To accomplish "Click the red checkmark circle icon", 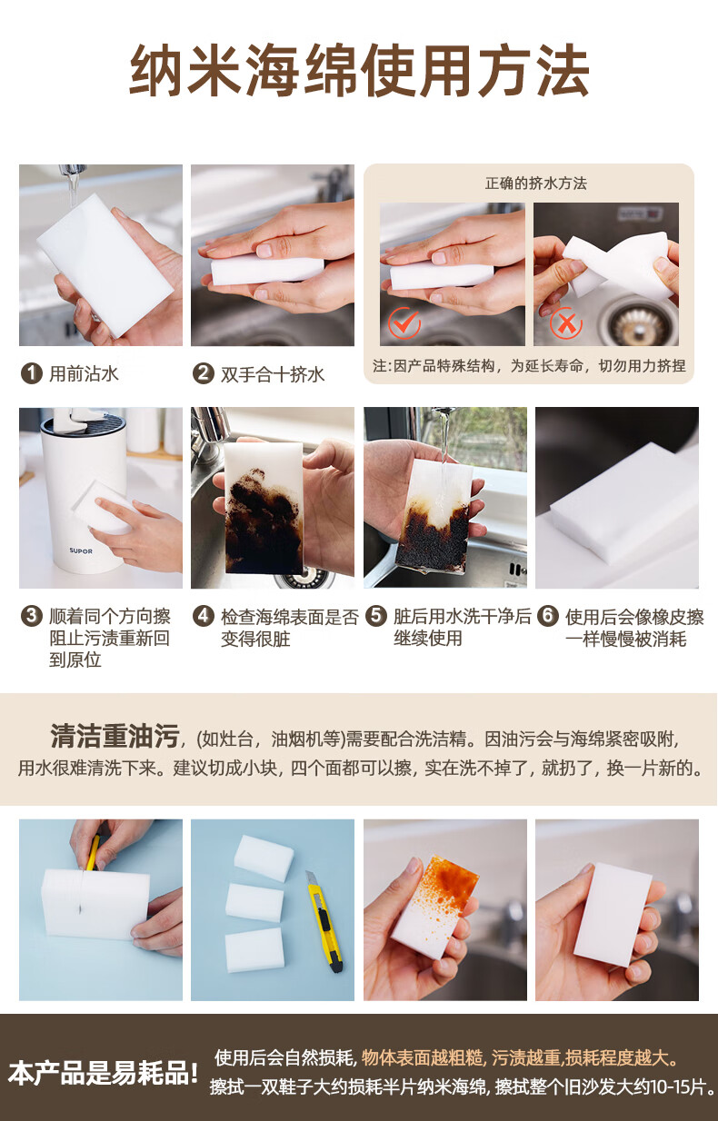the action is tap(404, 322).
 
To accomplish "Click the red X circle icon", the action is tap(566, 322).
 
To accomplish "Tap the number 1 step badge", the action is tap(31, 373).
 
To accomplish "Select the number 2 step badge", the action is tap(204, 373).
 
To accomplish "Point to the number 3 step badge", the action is tap(31, 616).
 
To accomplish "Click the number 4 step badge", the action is tap(204, 616).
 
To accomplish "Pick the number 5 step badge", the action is tap(376, 616).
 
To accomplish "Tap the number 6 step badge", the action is tap(548, 616).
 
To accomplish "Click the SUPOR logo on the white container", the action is tap(81, 551).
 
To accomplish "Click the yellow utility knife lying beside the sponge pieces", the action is tap(325, 921).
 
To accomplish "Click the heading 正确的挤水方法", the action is tap(535, 184).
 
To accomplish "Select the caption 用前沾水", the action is tap(84, 374).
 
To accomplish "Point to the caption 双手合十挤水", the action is tap(273, 374).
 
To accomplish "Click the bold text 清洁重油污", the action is tap(115, 736).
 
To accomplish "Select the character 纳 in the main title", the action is tap(156, 70).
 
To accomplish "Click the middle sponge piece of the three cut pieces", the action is tap(254, 902).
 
